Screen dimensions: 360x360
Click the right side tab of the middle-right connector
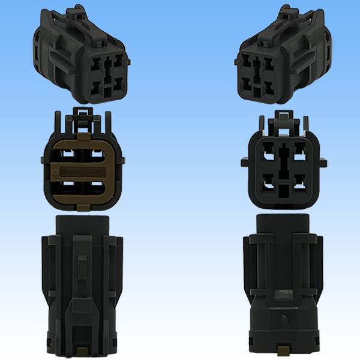click(x=323, y=162)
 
